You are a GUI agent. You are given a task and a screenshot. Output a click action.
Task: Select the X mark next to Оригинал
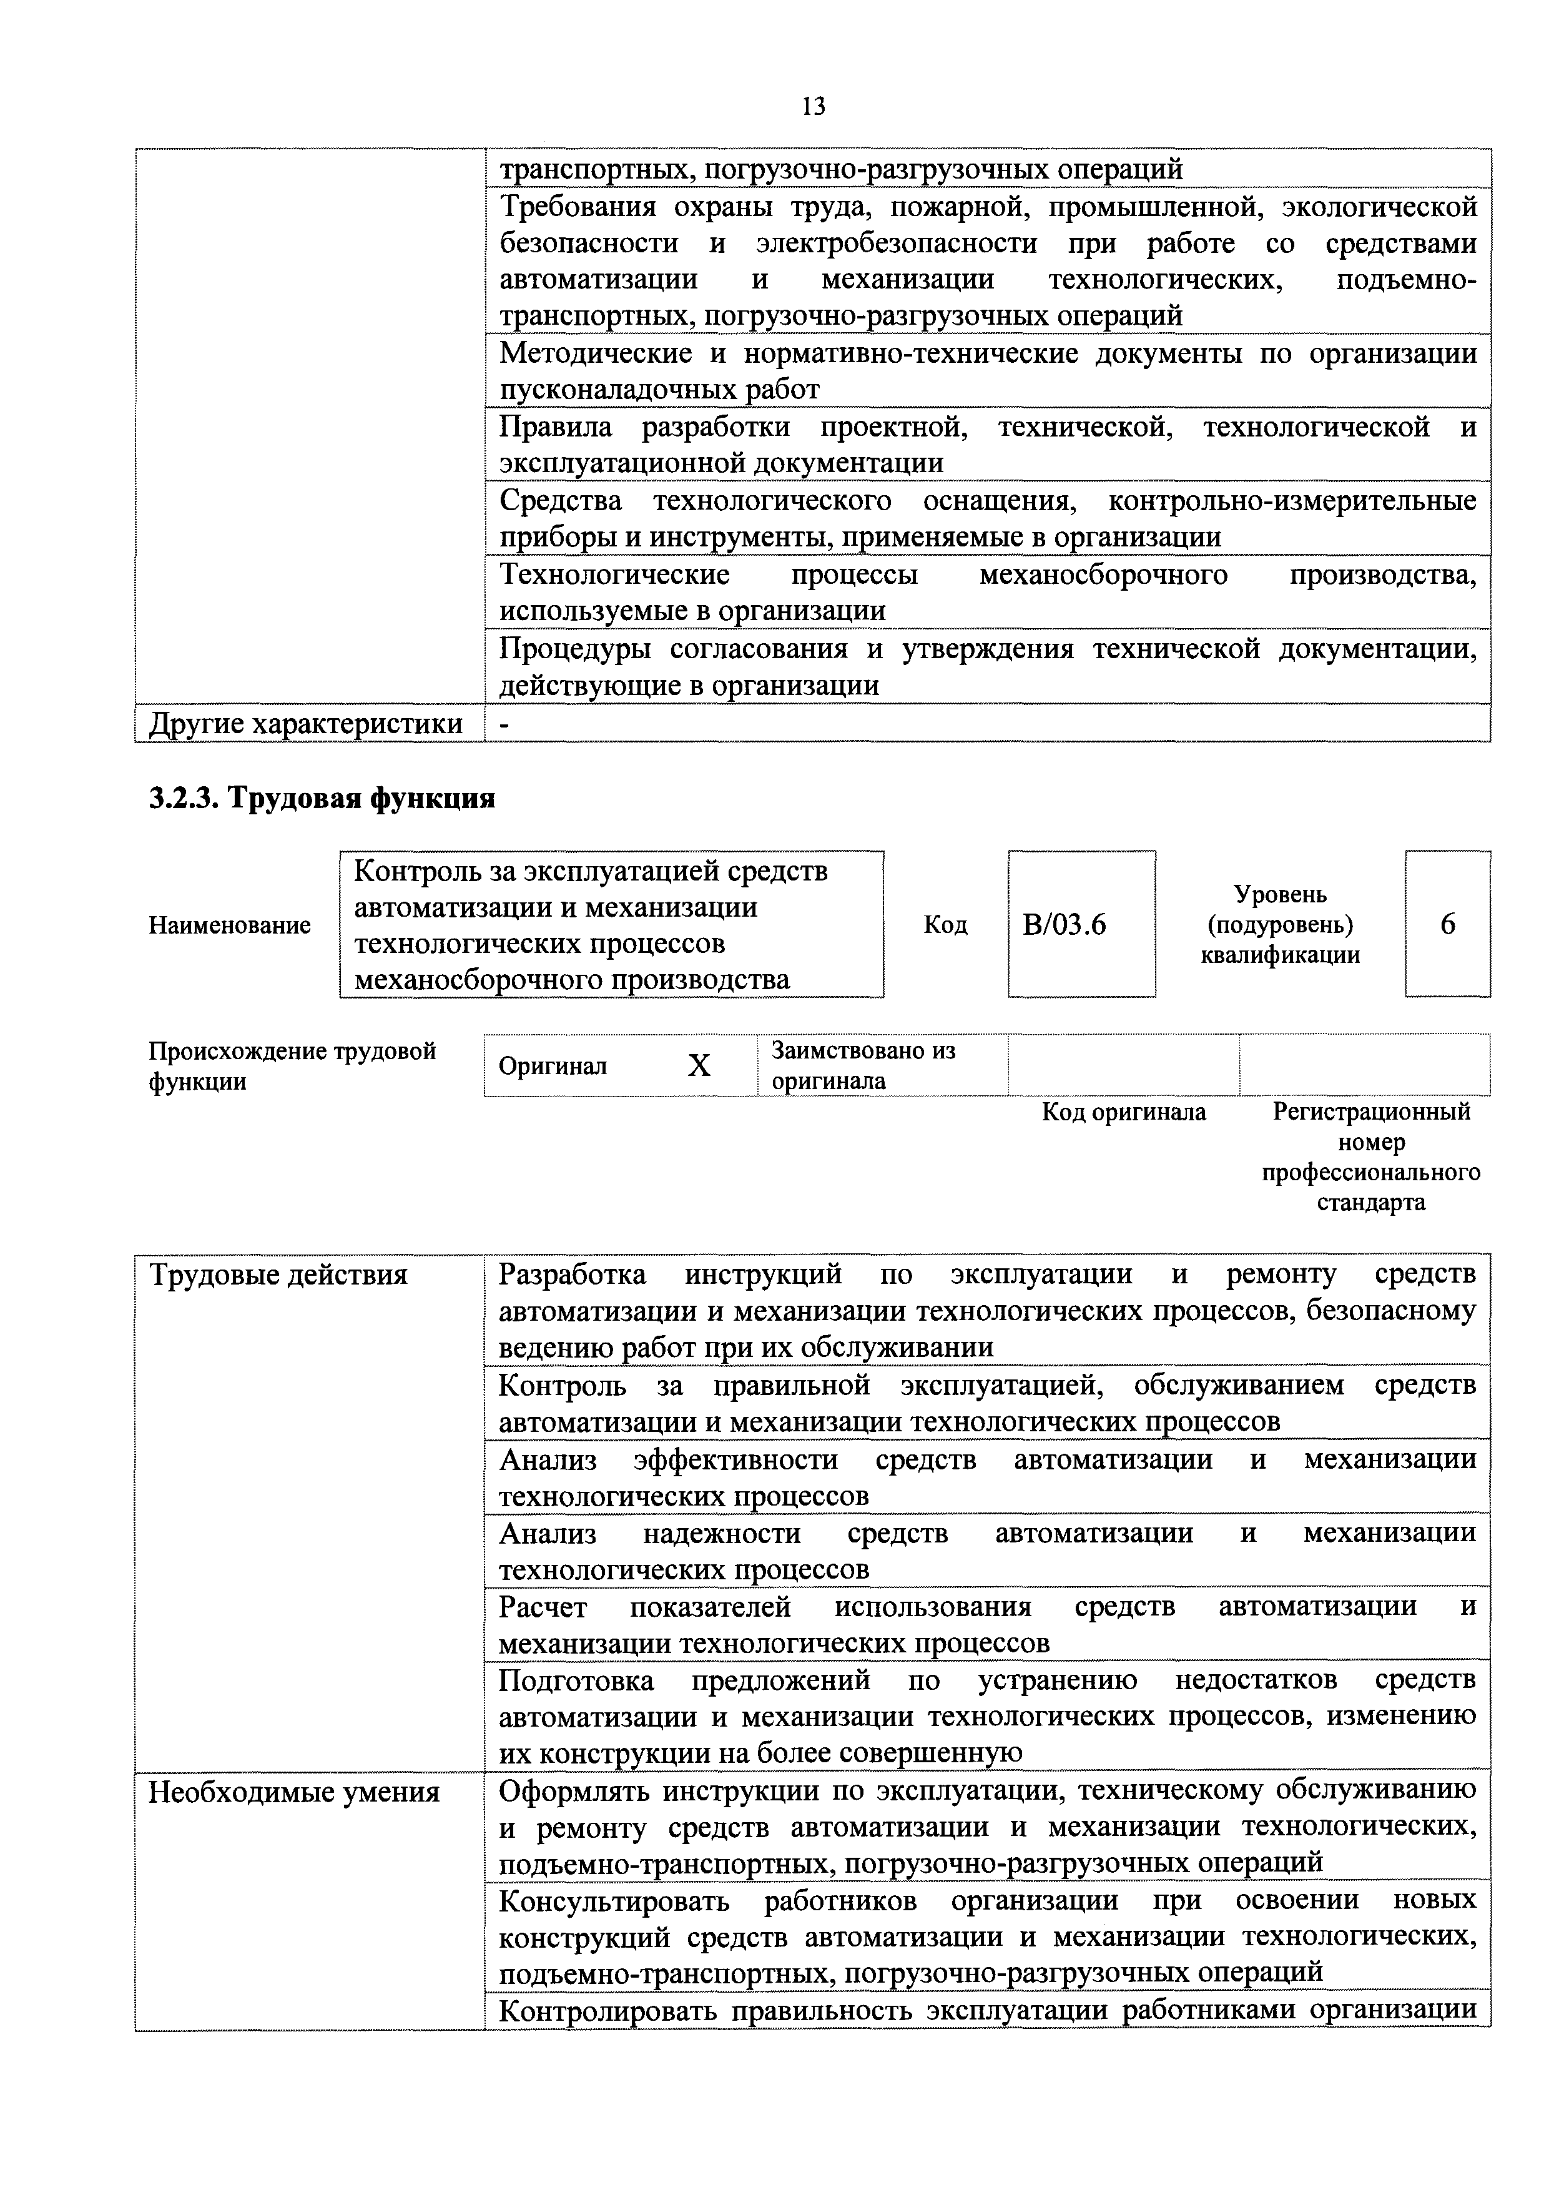click(699, 1065)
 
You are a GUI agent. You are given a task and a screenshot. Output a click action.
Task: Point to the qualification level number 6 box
click(1447, 924)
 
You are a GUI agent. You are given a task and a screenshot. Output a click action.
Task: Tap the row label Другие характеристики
click(305, 724)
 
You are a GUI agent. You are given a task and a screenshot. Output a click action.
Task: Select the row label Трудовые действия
click(278, 1275)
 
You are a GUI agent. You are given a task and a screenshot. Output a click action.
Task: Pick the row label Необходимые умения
click(295, 1793)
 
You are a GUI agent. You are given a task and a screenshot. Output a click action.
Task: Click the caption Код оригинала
click(1124, 1112)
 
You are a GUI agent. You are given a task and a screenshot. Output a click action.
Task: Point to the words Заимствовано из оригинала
click(863, 1065)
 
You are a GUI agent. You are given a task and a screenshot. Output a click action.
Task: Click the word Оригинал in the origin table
click(553, 1065)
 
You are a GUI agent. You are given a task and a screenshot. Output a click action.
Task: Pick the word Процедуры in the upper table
click(576, 649)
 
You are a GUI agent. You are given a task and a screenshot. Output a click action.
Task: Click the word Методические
click(596, 354)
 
